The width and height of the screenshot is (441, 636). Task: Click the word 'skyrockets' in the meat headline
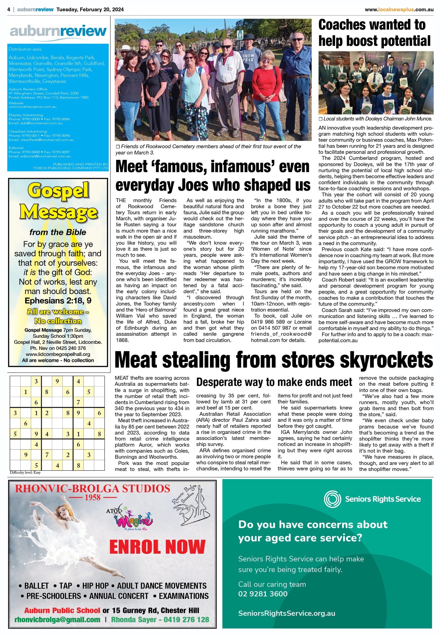click(x=386, y=360)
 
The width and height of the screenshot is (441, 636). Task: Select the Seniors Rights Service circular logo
click(x=332, y=499)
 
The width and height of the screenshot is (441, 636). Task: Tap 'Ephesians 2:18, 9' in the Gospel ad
click(x=58, y=300)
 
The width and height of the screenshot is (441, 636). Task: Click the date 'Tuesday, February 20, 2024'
click(x=90, y=10)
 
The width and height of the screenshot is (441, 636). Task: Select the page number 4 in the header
click(x=9, y=10)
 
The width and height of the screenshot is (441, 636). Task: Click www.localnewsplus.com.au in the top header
click(x=399, y=10)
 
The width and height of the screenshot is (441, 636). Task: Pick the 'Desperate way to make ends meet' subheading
click(x=274, y=382)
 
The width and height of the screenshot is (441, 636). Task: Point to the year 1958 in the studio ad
click(x=93, y=497)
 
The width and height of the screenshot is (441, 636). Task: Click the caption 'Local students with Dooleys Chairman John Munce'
click(x=377, y=119)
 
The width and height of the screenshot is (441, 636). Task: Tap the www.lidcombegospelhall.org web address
click(x=58, y=354)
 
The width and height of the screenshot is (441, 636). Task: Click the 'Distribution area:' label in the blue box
click(x=25, y=49)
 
